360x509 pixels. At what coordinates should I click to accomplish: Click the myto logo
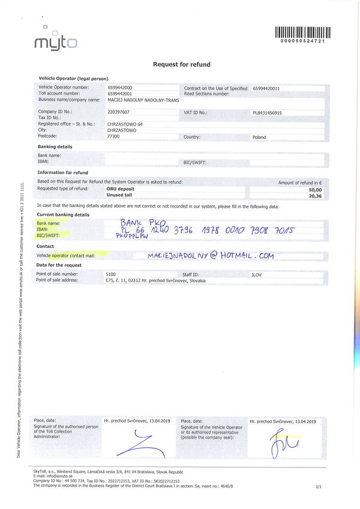point(56,40)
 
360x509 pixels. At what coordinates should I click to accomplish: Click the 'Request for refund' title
point(181,64)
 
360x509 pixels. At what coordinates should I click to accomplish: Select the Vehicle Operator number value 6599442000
point(120,88)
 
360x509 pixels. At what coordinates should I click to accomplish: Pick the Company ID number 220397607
point(119,112)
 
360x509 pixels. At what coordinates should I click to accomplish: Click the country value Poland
point(259,137)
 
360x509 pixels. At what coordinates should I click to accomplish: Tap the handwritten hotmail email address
point(210,255)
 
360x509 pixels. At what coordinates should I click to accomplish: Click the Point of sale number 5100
point(110,274)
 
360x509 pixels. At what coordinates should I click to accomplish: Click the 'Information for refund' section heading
point(64,173)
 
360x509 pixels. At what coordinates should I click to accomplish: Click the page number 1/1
point(318,488)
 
